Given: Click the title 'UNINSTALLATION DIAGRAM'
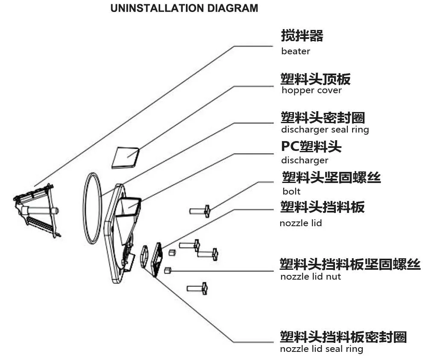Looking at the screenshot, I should click(184, 8).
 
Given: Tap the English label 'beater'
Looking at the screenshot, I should click(296, 51).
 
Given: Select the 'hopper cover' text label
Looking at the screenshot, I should click(311, 90).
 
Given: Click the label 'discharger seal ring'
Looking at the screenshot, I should click(325, 129).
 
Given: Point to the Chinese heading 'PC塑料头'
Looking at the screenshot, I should click(311, 147).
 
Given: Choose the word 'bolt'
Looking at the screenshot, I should click(291, 191).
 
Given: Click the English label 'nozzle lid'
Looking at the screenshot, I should click(301, 223).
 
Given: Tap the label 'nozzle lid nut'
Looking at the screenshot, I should click(311, 276).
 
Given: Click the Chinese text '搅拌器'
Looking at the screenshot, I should click(302, 35).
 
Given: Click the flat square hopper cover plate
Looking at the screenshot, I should click(125, 156).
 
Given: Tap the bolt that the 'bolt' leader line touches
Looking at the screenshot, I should click(200, 210).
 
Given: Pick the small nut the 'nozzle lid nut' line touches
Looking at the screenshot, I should click(168, 270).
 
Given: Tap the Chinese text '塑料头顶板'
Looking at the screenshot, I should click(316, 79).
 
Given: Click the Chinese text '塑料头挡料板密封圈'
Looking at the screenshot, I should click(343, 337).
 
